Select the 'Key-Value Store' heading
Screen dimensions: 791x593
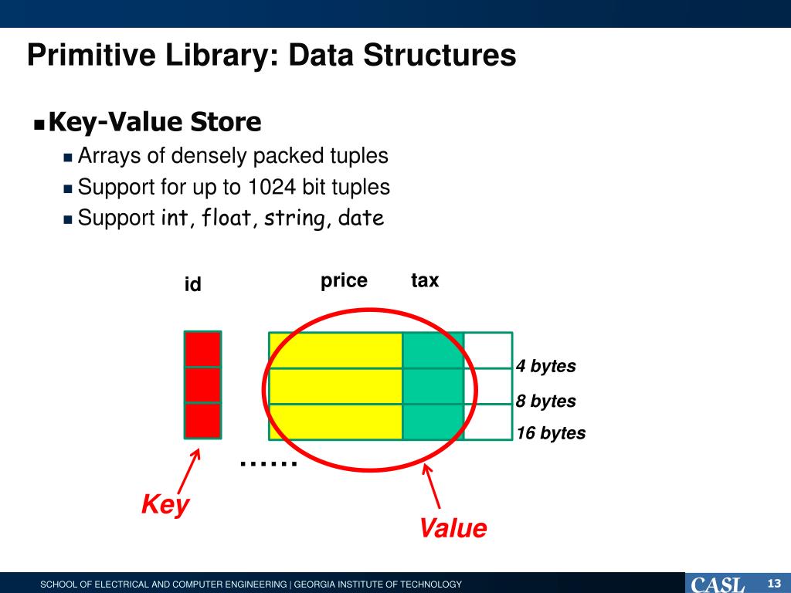[x=154, y=122]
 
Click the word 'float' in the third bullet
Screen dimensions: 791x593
[x=229, y=219]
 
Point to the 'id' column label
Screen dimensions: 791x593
[x=192, y=285]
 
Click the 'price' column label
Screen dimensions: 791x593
[x=344, y=280]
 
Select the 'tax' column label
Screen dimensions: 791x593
[x=425, y=280]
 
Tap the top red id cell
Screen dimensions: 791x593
[x=202, y=349]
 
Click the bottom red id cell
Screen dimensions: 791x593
[x=202, y=421]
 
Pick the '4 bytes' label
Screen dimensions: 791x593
[x=546, y=366]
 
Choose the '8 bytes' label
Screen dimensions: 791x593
[x=546, y=401]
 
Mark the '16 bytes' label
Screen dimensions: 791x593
[x=551, y=433]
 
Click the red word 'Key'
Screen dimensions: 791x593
[x=165, y=505]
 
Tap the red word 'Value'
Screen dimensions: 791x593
[x=453, y=529]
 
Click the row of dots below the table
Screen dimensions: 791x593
[x=268, y=463]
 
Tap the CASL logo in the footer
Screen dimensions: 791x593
[x=718, y=584]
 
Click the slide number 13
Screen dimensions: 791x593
[x=775, y=582]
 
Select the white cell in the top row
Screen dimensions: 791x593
[x=488, y=350]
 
